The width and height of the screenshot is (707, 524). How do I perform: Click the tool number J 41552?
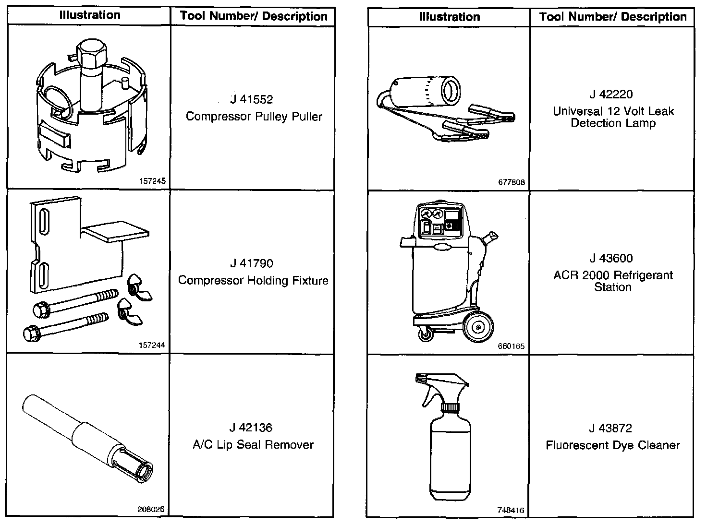[x=251, y=99]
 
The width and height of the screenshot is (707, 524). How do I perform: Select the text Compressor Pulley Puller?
[x=254, y=117]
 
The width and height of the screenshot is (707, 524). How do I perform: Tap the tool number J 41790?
[x=251, y=263]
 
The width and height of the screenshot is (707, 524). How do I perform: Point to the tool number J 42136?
[x=251, y=428]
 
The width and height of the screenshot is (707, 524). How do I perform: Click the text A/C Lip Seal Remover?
[x=253, y=445]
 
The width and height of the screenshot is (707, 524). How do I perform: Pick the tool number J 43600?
[x=611, y=258]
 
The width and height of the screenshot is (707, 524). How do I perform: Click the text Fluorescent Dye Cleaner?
[x=612, y=445]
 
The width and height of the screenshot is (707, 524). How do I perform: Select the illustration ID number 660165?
[x=512, y=346]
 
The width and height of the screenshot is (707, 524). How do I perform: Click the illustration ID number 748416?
[x=512, y=511]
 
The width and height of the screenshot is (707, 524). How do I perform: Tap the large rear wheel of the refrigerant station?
[x=478, y=327]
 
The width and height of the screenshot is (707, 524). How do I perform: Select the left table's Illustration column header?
[x=90, y=15]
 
